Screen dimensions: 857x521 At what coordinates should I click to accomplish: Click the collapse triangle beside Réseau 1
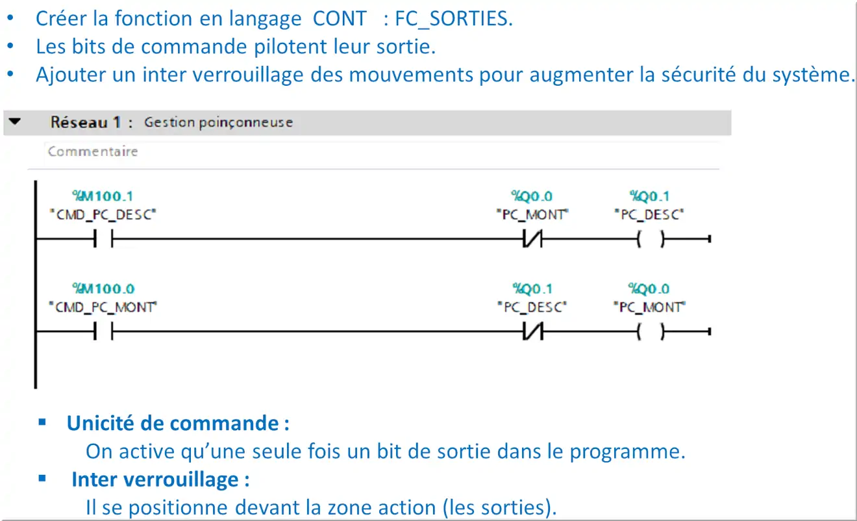[x=14, y=121]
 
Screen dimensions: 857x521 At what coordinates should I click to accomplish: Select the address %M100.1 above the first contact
[x=103, y=196]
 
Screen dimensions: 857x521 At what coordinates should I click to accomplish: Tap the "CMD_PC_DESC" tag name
[x=103, y=214]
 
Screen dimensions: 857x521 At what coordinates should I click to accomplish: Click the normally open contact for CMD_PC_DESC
[x=103, y=238]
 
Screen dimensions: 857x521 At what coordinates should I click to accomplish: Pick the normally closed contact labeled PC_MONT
[x=532, y=238]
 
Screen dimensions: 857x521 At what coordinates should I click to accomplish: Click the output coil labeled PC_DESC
[x=651, y=239]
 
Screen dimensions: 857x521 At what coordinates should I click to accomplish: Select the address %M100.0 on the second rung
[x=103, y=288]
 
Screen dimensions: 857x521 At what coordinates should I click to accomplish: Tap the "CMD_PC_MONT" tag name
[x=103, y=307]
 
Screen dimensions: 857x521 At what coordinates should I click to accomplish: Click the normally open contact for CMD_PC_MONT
[x=103, y=331]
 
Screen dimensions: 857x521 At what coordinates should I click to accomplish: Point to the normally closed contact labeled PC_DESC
[x=532, y=331]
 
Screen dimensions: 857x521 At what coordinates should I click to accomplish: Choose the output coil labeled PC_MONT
[x=651, y=331]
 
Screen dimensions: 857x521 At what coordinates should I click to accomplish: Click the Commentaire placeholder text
[x=93, y=151]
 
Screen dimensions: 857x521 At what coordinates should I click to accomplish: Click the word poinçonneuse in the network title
[x=245, y=123]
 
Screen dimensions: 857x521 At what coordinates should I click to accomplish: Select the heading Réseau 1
[x=86, y=123]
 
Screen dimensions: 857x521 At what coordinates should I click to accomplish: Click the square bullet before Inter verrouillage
[x=42, y=479]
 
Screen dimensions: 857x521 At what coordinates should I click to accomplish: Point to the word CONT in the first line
[x=340, y=18]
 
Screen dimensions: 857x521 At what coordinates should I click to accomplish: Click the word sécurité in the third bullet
[x=698, y=74]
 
